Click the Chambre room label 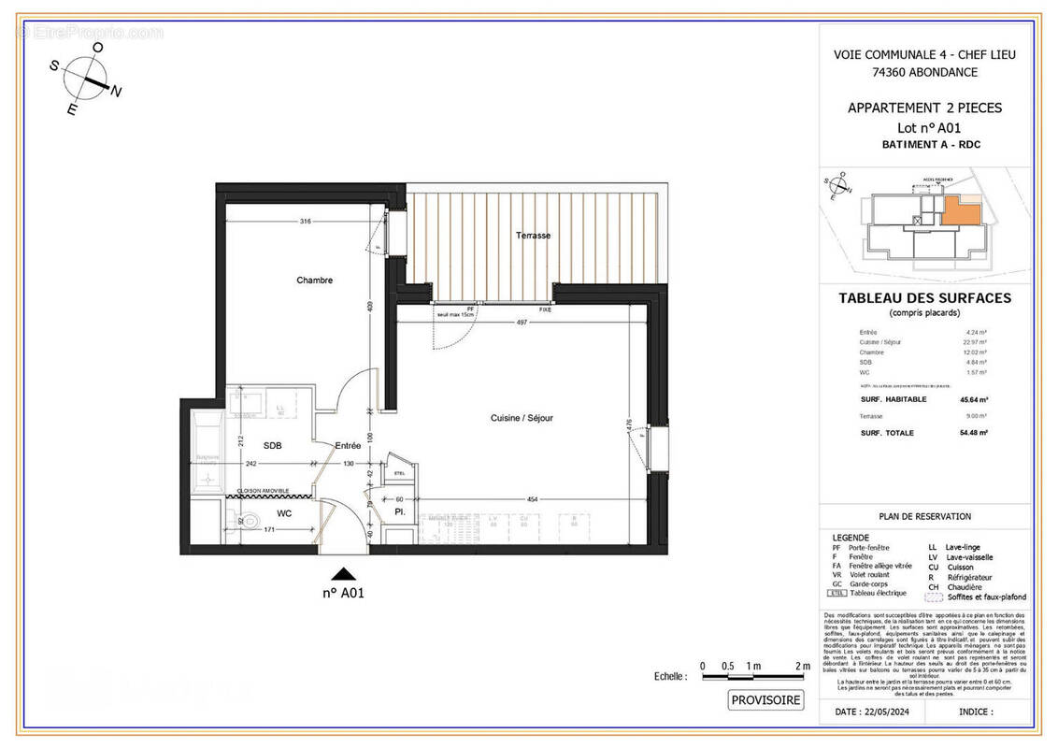click(x=314, y=280)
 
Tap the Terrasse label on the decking click(x=533, y=236)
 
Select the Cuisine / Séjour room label click(x=522, y=418)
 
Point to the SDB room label click(x=272, y=446)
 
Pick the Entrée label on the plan click(x=348, y=446)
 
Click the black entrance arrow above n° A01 click(x=345, y=574)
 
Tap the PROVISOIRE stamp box click(x=765, y=700)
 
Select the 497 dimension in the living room click(x=522, y=322)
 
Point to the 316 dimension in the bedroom click(x=305, y=222)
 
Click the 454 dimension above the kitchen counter click(x=533, y=499)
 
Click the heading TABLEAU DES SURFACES click(x=923, y=298)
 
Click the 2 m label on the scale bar click(x=801, y=665)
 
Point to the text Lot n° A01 click(x=923, y=128)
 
